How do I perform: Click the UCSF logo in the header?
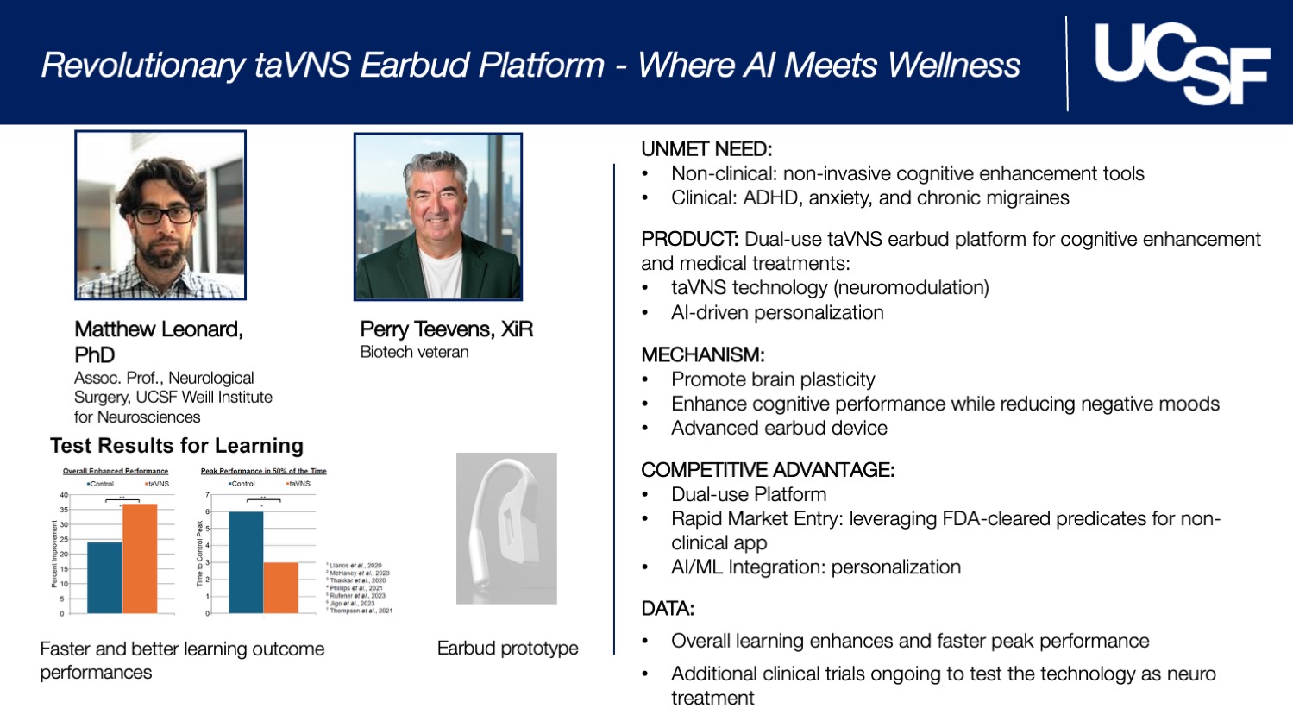pos(1181,63)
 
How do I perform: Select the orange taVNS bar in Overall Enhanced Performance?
pos(140,558)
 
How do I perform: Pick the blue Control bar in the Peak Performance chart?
pos(246,562)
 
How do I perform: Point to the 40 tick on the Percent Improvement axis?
pos(63,495)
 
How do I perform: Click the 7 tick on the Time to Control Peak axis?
pos(207,495)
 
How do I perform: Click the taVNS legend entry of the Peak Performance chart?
pos(298,484)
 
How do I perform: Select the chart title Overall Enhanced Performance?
pos(116,471)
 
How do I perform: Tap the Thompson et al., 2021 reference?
pos(361,611)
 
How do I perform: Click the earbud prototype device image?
pos(506,528)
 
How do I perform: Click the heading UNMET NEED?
pos(706,149)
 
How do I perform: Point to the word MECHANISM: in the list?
pos(703,354)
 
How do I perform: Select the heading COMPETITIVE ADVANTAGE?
pos(768,470)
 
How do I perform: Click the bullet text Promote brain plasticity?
pos(773,379)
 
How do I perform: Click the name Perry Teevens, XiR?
pos(446,329)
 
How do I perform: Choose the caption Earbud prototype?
pos(507,649)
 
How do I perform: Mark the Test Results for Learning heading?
pos(177,446)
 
